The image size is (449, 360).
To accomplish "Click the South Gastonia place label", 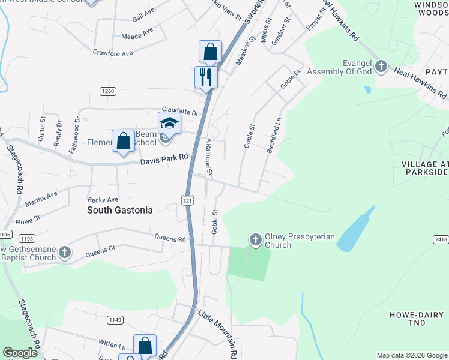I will coord(119,210).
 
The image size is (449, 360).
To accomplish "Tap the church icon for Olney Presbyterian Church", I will coord(255,240).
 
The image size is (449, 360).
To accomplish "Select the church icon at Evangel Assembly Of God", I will coord(381,67).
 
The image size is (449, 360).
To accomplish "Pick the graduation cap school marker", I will coord(169,123).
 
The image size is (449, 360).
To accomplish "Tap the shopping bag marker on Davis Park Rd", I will coord(123,142).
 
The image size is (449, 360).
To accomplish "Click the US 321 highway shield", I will coord(187,201).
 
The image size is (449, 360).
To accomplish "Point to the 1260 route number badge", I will coord(107,91).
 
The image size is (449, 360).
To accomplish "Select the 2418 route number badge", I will coord(440,239).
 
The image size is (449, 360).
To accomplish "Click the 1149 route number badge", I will coord(115,320).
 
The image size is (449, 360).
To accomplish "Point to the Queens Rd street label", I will coord(170,238).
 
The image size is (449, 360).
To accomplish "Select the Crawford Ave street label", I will coord(113,53).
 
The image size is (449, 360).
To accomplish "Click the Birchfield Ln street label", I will coord(274,134).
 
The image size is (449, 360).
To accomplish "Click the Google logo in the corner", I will coord(20,352).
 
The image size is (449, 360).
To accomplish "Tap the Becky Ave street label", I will coord(103,199).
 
